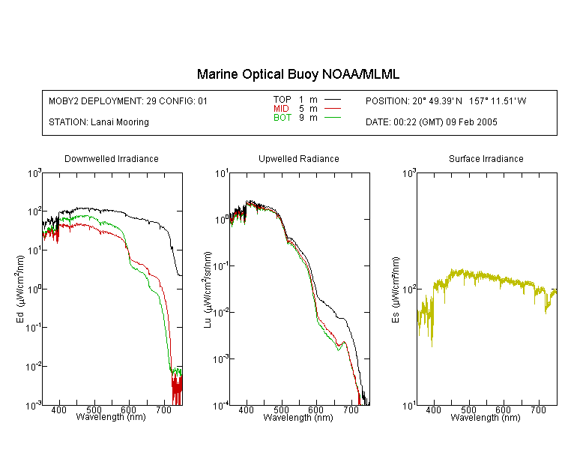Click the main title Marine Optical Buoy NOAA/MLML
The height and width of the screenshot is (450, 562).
(297, 74)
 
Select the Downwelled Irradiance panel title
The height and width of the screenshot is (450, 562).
(112, 158)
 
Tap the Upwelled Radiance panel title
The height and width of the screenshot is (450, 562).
(299, 158)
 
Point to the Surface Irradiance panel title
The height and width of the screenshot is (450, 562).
(486, 158)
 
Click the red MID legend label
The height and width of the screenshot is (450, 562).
(281, 108)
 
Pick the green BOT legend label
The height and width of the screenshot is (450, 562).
(282, 118)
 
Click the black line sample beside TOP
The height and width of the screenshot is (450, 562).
(333, 100)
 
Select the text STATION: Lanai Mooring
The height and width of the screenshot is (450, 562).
(99, 122)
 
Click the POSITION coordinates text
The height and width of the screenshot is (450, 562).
(446, 101)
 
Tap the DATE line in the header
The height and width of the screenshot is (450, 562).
(431, 122)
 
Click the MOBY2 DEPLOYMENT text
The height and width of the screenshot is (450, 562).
(128, 101)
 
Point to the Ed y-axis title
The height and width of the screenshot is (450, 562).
(20, 289)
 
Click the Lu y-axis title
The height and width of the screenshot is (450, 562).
(207, 289)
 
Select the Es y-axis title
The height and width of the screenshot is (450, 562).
(395, 290)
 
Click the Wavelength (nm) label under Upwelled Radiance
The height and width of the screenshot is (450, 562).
(298, 418)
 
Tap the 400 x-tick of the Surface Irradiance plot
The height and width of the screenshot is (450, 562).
(433, 409)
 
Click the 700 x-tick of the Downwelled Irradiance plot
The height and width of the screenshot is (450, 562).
(164, 409)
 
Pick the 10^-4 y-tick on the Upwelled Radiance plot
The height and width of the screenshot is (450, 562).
(221, 406)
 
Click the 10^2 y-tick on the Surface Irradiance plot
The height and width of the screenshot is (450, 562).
(409, 289)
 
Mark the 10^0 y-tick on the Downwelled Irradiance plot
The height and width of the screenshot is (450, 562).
(34, 289)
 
